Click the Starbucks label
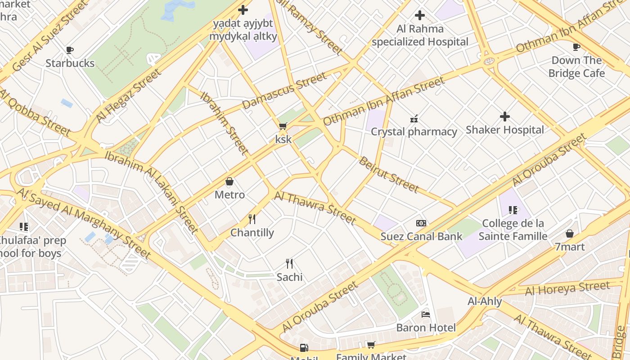click(70, 63)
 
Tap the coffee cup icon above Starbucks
click(70, 50)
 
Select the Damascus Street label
click(284, 90)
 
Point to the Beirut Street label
click(388, 175)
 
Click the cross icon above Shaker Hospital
click(505, 117)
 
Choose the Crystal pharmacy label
click(414, 132)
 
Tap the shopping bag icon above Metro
click(229, 182)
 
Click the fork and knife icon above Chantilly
click(252, 219)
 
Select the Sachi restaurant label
click(289, 277)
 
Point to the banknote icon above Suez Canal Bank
click(421, 223)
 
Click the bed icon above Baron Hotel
click(426, 314)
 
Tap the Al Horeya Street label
click(567, 288)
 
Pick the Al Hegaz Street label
click(128, 96)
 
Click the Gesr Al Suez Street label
click(49, 36)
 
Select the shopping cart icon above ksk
click(283, 126)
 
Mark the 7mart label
click(570, 247)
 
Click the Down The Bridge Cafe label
click(576, 67)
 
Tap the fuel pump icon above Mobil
click(304, 347)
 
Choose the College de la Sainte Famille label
click(513, 229)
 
